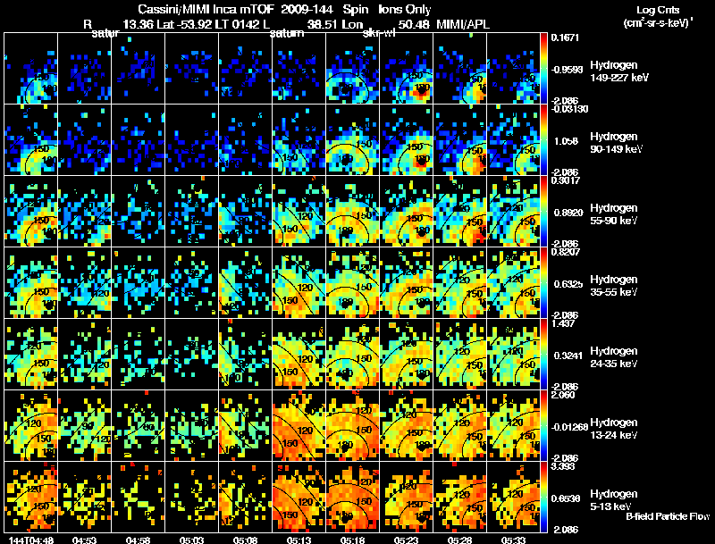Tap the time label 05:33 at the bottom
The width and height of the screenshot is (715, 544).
[x=512, y=540]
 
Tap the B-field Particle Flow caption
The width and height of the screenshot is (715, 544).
[x=668, y=516]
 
